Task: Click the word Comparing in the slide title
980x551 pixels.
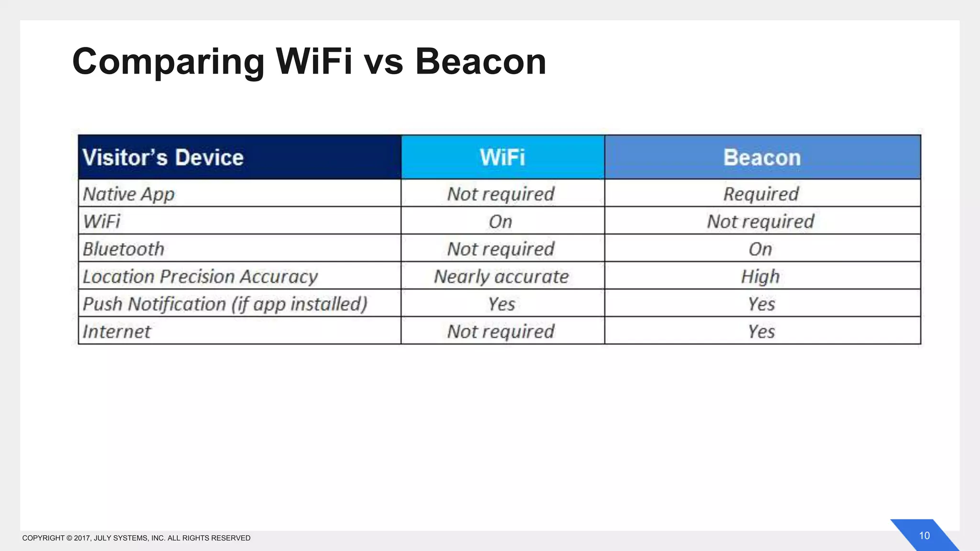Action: click(168, 62)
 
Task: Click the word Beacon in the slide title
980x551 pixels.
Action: click(480, 62)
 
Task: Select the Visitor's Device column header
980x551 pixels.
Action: click(163, 157)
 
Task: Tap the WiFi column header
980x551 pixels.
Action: click(502, 157)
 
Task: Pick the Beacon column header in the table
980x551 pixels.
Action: click(762, 157)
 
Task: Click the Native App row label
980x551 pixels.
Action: click(129, 194)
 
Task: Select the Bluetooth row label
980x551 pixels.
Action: click(123, 249)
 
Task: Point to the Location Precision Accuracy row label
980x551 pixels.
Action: click(200, 277)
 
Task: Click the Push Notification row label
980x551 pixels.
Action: click(225, 304)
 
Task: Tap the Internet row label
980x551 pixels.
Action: click(117, 331)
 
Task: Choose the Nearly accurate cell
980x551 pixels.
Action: click(501, 277)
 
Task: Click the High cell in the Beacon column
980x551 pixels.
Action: click(760, 277)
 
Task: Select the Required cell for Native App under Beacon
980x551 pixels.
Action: click(761, 194)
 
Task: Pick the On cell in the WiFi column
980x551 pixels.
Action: click(501, 222)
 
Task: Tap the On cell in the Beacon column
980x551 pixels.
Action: click(760, 249)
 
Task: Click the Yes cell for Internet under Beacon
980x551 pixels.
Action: click(761, 331)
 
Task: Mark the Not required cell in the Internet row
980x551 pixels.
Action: click(501, 331)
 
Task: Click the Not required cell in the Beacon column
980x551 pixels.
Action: click(760, 222)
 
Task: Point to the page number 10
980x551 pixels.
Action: click(924, 536)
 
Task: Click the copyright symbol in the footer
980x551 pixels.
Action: click(69, 538)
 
